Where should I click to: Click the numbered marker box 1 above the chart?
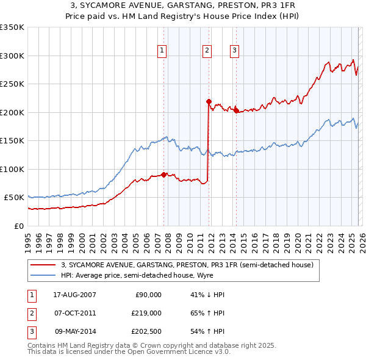click(x=162, y=51)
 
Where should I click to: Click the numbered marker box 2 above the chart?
click(x=207, y=51)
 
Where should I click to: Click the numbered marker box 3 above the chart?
click(x=234, y=51)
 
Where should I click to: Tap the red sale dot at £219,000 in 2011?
click(x=209, y=101)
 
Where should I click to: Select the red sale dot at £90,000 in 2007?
click(x=164, y=175)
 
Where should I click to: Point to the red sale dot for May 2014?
click(x=236, y=111)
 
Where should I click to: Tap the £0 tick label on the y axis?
click(x=18, y=226)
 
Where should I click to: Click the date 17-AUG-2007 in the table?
click(x=75, y=295)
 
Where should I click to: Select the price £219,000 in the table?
click(x=147, y=314)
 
